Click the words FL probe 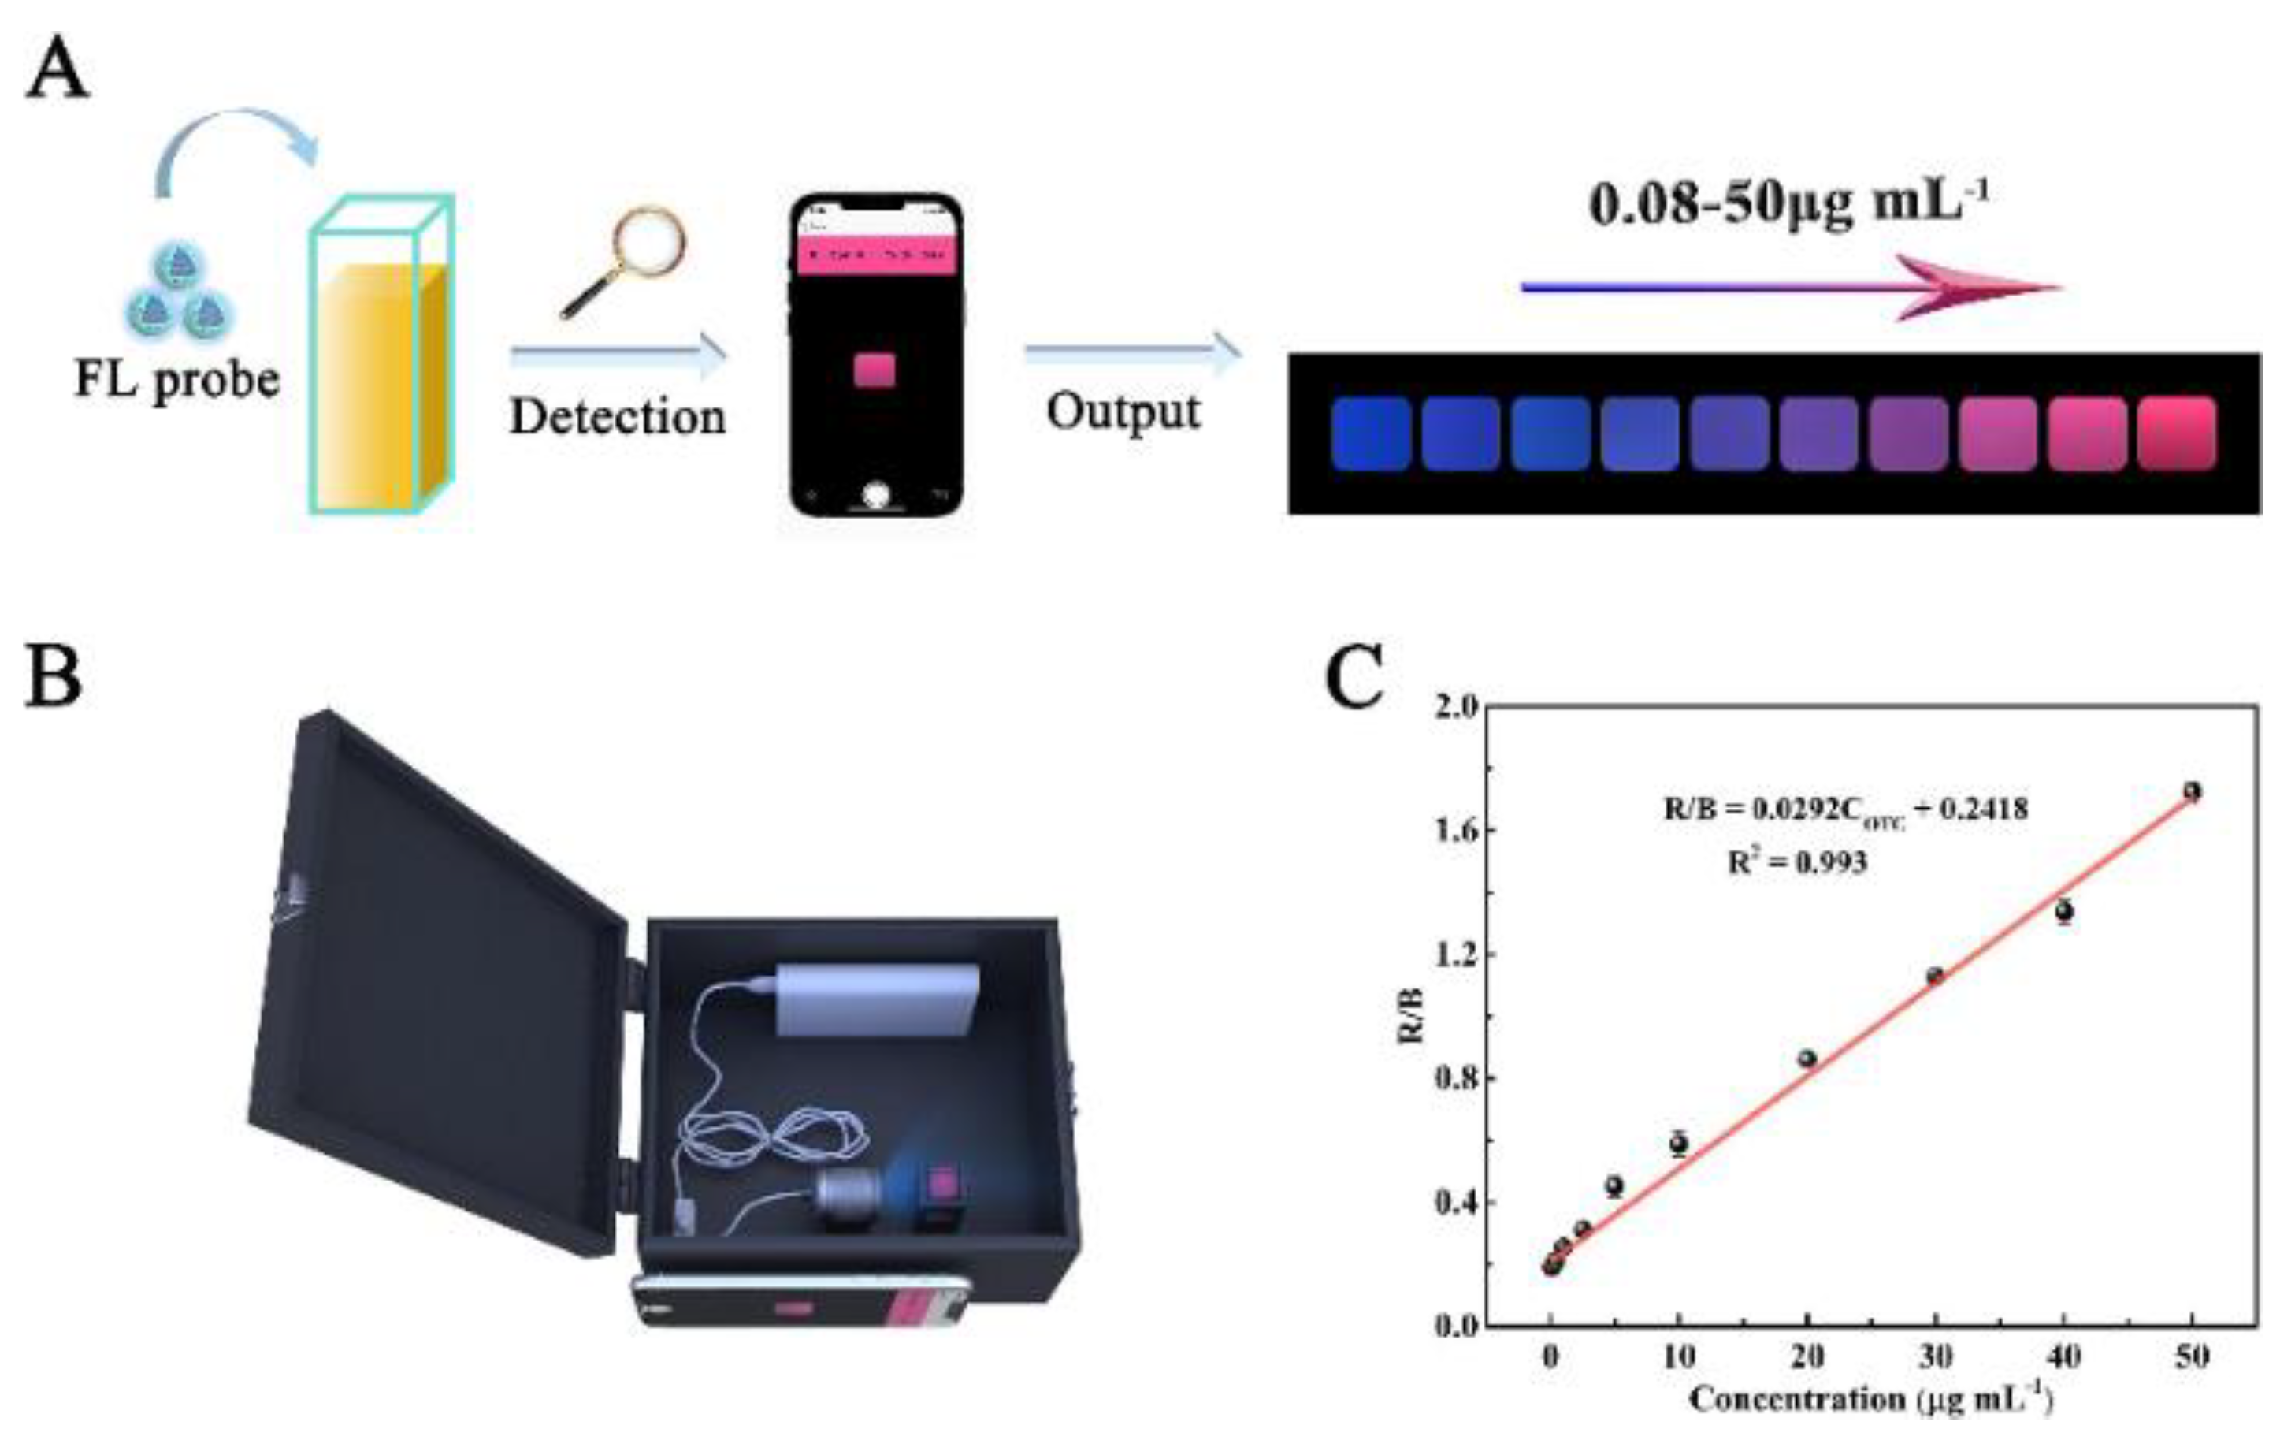point(177,380)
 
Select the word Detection point(617,416)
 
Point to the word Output point(1123,411)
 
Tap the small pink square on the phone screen point(874,370)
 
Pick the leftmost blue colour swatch point(1370,434)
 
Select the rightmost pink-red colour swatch point(2176,434)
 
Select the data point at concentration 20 point(1807,1058)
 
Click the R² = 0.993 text point(1796,862)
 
